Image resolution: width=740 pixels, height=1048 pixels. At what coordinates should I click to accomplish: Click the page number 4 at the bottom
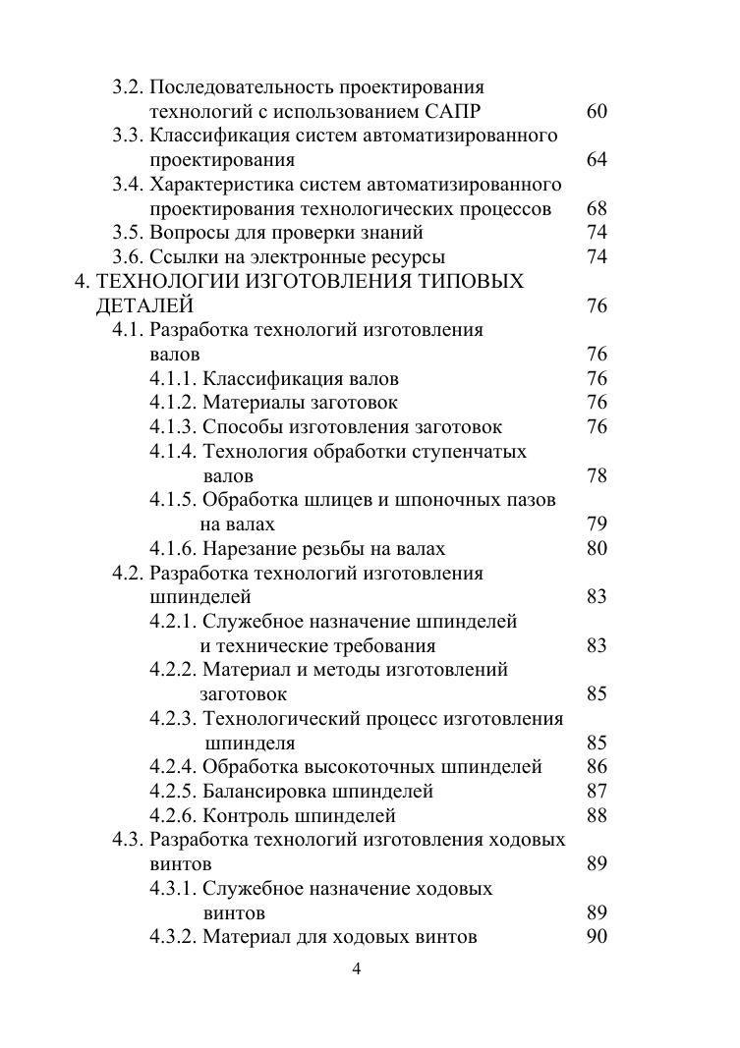[357, 969]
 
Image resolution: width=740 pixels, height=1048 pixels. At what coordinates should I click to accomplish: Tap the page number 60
[597, 112]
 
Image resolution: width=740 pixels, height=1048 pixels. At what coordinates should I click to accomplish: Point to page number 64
[597, 160]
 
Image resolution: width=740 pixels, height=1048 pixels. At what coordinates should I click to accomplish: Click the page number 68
[597, 209]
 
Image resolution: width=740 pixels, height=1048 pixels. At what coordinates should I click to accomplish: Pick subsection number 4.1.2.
[173, 403]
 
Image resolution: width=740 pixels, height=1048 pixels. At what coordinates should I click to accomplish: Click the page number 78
[597, 476]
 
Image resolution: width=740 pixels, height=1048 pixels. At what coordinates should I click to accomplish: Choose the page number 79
[597, 524]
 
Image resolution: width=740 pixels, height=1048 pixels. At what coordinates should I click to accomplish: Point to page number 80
[597, 549]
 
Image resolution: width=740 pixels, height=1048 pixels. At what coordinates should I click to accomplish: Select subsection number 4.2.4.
[173, 767]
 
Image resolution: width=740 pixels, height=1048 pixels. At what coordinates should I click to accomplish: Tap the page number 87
[597, 792]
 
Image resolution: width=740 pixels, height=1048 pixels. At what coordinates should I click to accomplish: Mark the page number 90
[597, 937]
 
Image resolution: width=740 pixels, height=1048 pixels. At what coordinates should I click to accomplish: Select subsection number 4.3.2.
[173, 937]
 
